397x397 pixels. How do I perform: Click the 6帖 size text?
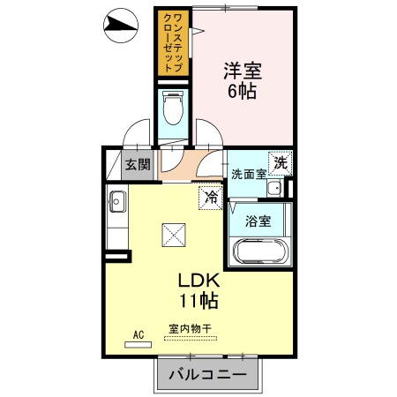click(x=242, y=91)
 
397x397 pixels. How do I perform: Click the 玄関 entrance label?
click(x=137, y=164)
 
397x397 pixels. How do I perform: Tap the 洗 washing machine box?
click(x=280, y=162)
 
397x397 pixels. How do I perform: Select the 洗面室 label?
click(x=248, y=174)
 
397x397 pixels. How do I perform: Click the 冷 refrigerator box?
click(x=211, y=198)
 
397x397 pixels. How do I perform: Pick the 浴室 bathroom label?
click(x=258, y=219)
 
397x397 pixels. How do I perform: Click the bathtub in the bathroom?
click(x=259, y=251)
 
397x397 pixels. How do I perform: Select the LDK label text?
click(x=198, y=281)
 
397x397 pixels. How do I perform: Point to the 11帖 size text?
click(x=198, y=301)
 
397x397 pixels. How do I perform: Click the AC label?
click(x=139, y=334)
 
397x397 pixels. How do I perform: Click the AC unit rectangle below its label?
click(x=138, y=345)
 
